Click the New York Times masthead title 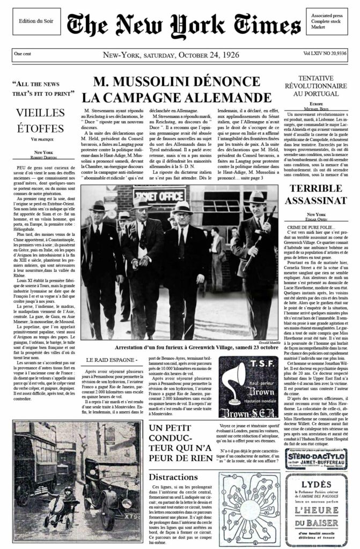tap(184, 25)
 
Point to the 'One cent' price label tap(23, 54)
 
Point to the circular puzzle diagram tap(245, 509)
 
